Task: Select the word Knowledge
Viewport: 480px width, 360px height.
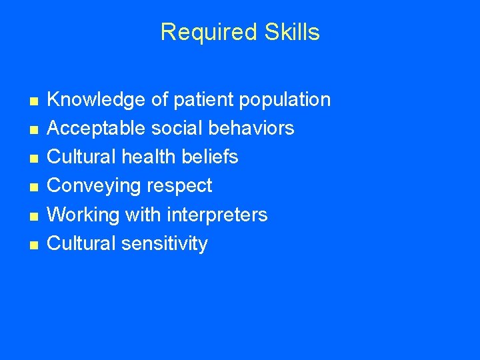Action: [97, 100]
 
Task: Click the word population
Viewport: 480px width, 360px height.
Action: [286, 100]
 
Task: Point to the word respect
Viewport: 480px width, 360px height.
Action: [179, 186]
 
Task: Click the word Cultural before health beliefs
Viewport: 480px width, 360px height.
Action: [82, 157]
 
